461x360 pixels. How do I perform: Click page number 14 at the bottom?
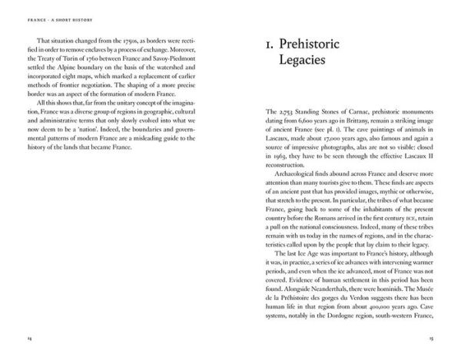[28, 339]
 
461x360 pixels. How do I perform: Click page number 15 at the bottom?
[432, 339]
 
